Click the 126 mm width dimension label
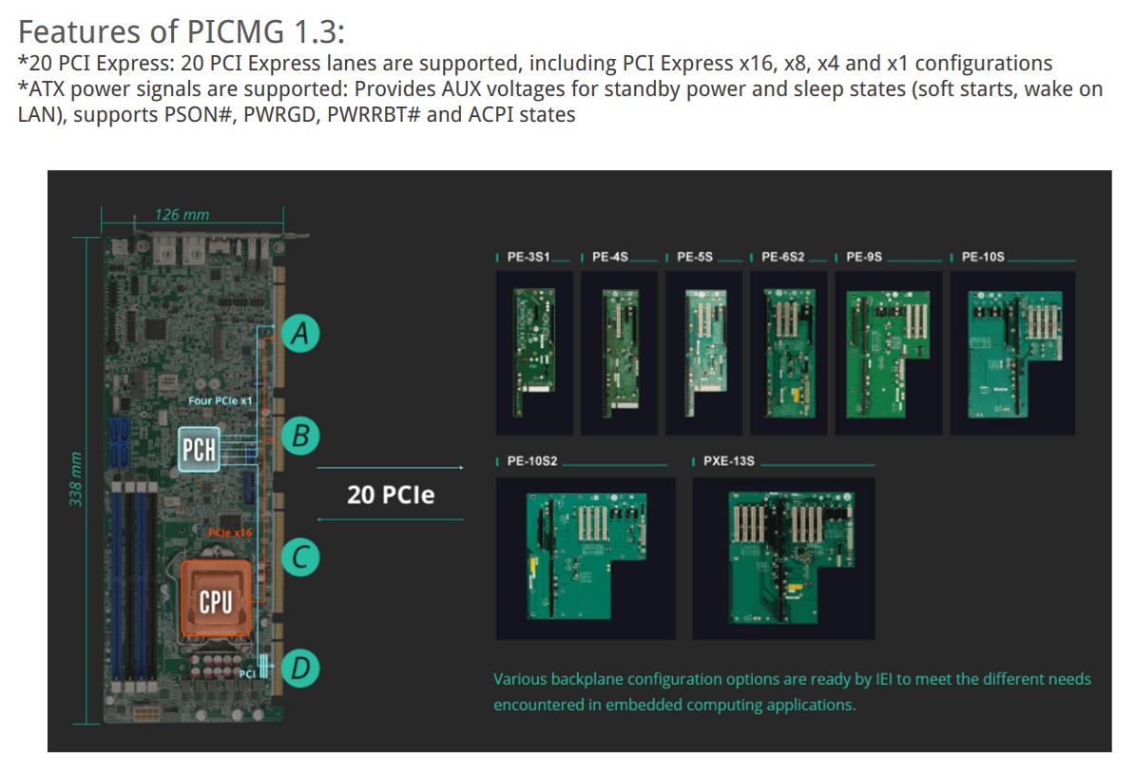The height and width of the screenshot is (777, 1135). pyautogui.click(x=183, y=215)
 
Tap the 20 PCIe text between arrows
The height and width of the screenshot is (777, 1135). pyautogui.click(x=390, y=495)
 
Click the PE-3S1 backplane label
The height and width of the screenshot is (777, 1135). pyautogui.click(x=529, y=257)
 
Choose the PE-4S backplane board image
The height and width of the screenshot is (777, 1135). pyautogui.click(x=619, y=353)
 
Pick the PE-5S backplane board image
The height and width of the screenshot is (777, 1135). pyautogui.click(x=702, y=353)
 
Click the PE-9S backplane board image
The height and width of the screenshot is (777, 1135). pyautogui.click(x=888, y=353)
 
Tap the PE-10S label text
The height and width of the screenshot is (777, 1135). pyautogui.click(x=983, y=257)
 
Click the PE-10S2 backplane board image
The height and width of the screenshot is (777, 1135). pyautogui.click(x=586, y=556)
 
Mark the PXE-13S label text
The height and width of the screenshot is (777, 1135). pyautogui.click(x=729, y=461)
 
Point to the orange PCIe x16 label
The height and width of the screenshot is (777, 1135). pyautogui.click(x=230, y=534)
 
